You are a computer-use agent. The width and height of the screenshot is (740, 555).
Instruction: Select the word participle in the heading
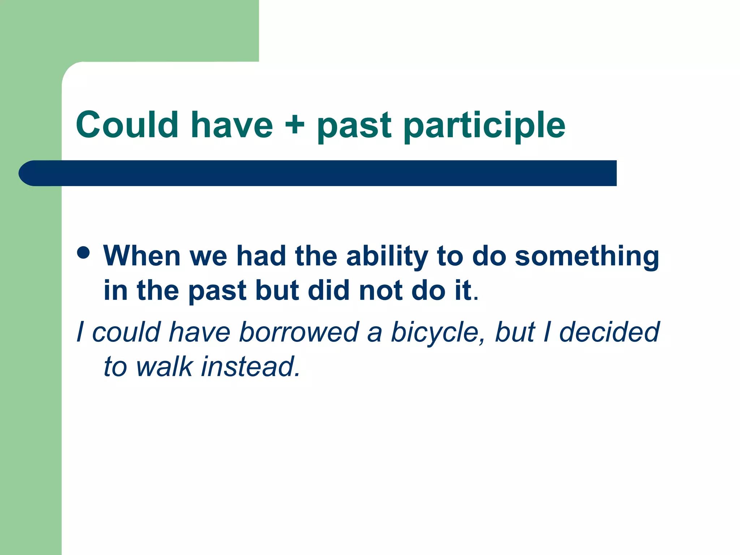[484, 125]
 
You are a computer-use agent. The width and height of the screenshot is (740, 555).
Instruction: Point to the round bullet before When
[83, 253]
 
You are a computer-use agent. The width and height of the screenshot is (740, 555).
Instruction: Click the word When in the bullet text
[142, 256]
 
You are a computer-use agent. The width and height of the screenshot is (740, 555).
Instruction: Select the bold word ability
[387, 257]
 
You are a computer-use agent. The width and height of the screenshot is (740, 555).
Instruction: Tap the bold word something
[587, 257]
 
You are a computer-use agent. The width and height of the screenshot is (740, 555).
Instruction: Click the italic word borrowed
[299, 332]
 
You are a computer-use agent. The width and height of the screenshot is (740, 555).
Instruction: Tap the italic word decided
[609, 332]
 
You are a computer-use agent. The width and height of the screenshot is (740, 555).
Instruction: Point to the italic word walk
[164, 366]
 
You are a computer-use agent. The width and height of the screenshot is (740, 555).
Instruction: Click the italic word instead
[250, 366]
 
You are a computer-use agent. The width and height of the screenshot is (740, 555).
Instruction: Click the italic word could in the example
[126, 332]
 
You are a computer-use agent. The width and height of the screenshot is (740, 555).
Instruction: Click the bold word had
[261, 256]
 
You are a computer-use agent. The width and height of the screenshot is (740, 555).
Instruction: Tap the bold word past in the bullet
[217, 291]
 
